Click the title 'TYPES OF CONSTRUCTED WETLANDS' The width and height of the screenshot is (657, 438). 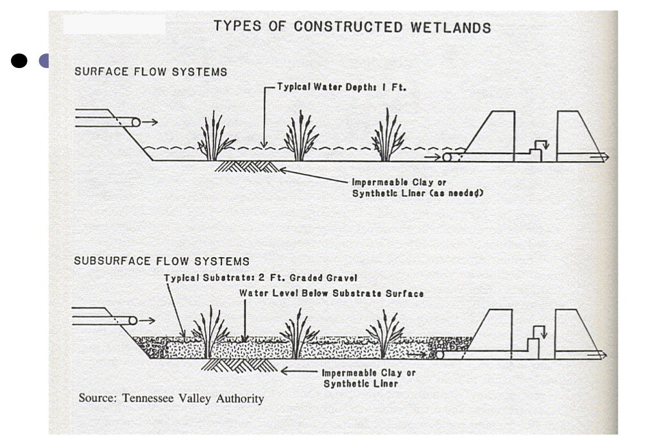point(352,27)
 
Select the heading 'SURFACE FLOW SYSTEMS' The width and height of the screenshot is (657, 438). point(151,72)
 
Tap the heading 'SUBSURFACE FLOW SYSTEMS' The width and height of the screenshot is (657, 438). point(162,261)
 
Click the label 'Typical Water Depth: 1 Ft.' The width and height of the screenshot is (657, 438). point(342,87)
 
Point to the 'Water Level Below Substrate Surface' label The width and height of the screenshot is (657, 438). point(331,293)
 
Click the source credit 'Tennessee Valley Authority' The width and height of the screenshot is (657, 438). point(171,398)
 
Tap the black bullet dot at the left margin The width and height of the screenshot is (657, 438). point(19,61)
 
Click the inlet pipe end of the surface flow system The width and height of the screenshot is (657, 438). point(135,122)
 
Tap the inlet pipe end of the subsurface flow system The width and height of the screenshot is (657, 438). point(133,320)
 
